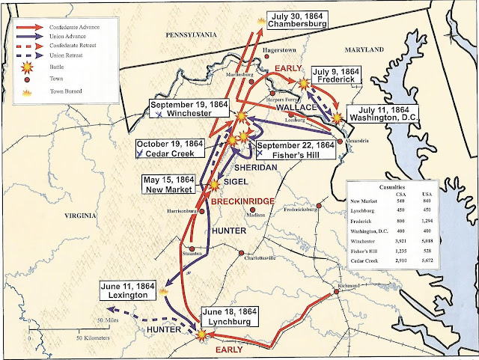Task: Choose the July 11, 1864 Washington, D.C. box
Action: coord(381,118)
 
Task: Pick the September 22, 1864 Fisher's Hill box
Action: coord(294,150)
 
